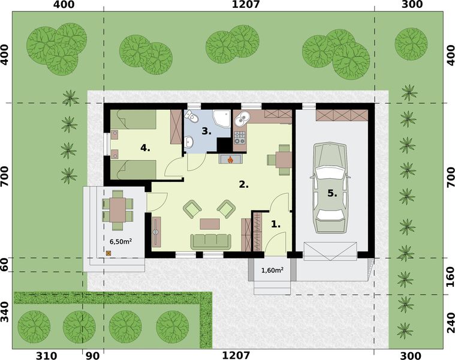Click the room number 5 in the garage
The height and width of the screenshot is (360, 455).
(x=332, y=194)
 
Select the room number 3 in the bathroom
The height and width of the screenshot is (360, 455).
(x=205, y=130)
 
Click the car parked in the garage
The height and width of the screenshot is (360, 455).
(x=330, y=188)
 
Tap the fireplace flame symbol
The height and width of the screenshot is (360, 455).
(x=230, y=160)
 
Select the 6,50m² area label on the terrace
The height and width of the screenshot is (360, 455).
(x=120, y=241)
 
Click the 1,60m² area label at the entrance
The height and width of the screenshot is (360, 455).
(x=272, y=270)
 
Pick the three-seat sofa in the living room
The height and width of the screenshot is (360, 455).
(x=210, y=241)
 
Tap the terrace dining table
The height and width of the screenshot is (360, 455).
(x=117, y=209)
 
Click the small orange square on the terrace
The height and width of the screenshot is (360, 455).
(x=109, y=253)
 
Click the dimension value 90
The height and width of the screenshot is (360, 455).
(x=93, y=355)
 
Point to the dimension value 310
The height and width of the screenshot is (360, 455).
(x=46, y=355)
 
